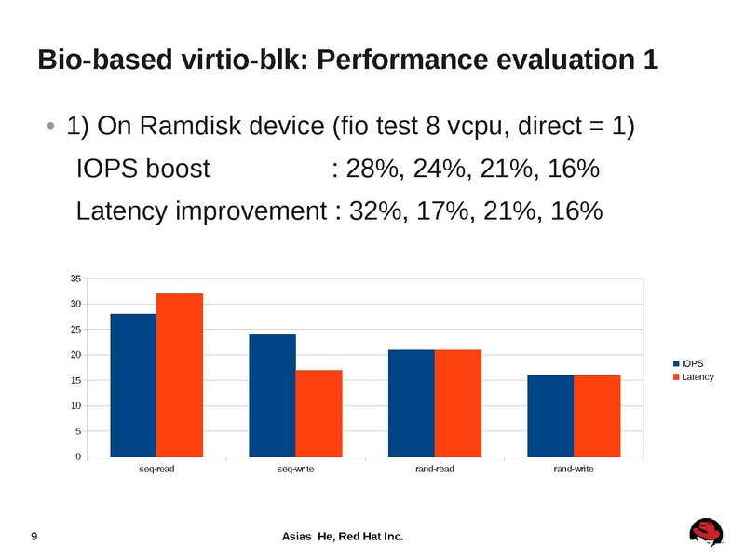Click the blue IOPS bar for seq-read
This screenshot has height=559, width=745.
tap(133, 385)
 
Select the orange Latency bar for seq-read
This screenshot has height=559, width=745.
tap(180, 375)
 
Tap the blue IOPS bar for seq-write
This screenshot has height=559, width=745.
tap(273, 395)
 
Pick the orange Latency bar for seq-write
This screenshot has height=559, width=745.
tap(318, 413)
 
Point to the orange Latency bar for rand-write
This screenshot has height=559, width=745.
tap(597, 416)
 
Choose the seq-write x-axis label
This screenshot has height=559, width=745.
tap(295, 469)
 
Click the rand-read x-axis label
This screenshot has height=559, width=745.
tap(434, 469)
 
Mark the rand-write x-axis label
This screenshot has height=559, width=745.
tap(574, 469)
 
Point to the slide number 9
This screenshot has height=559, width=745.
tap(34, 536)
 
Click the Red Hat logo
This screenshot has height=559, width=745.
tap(707, 532)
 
